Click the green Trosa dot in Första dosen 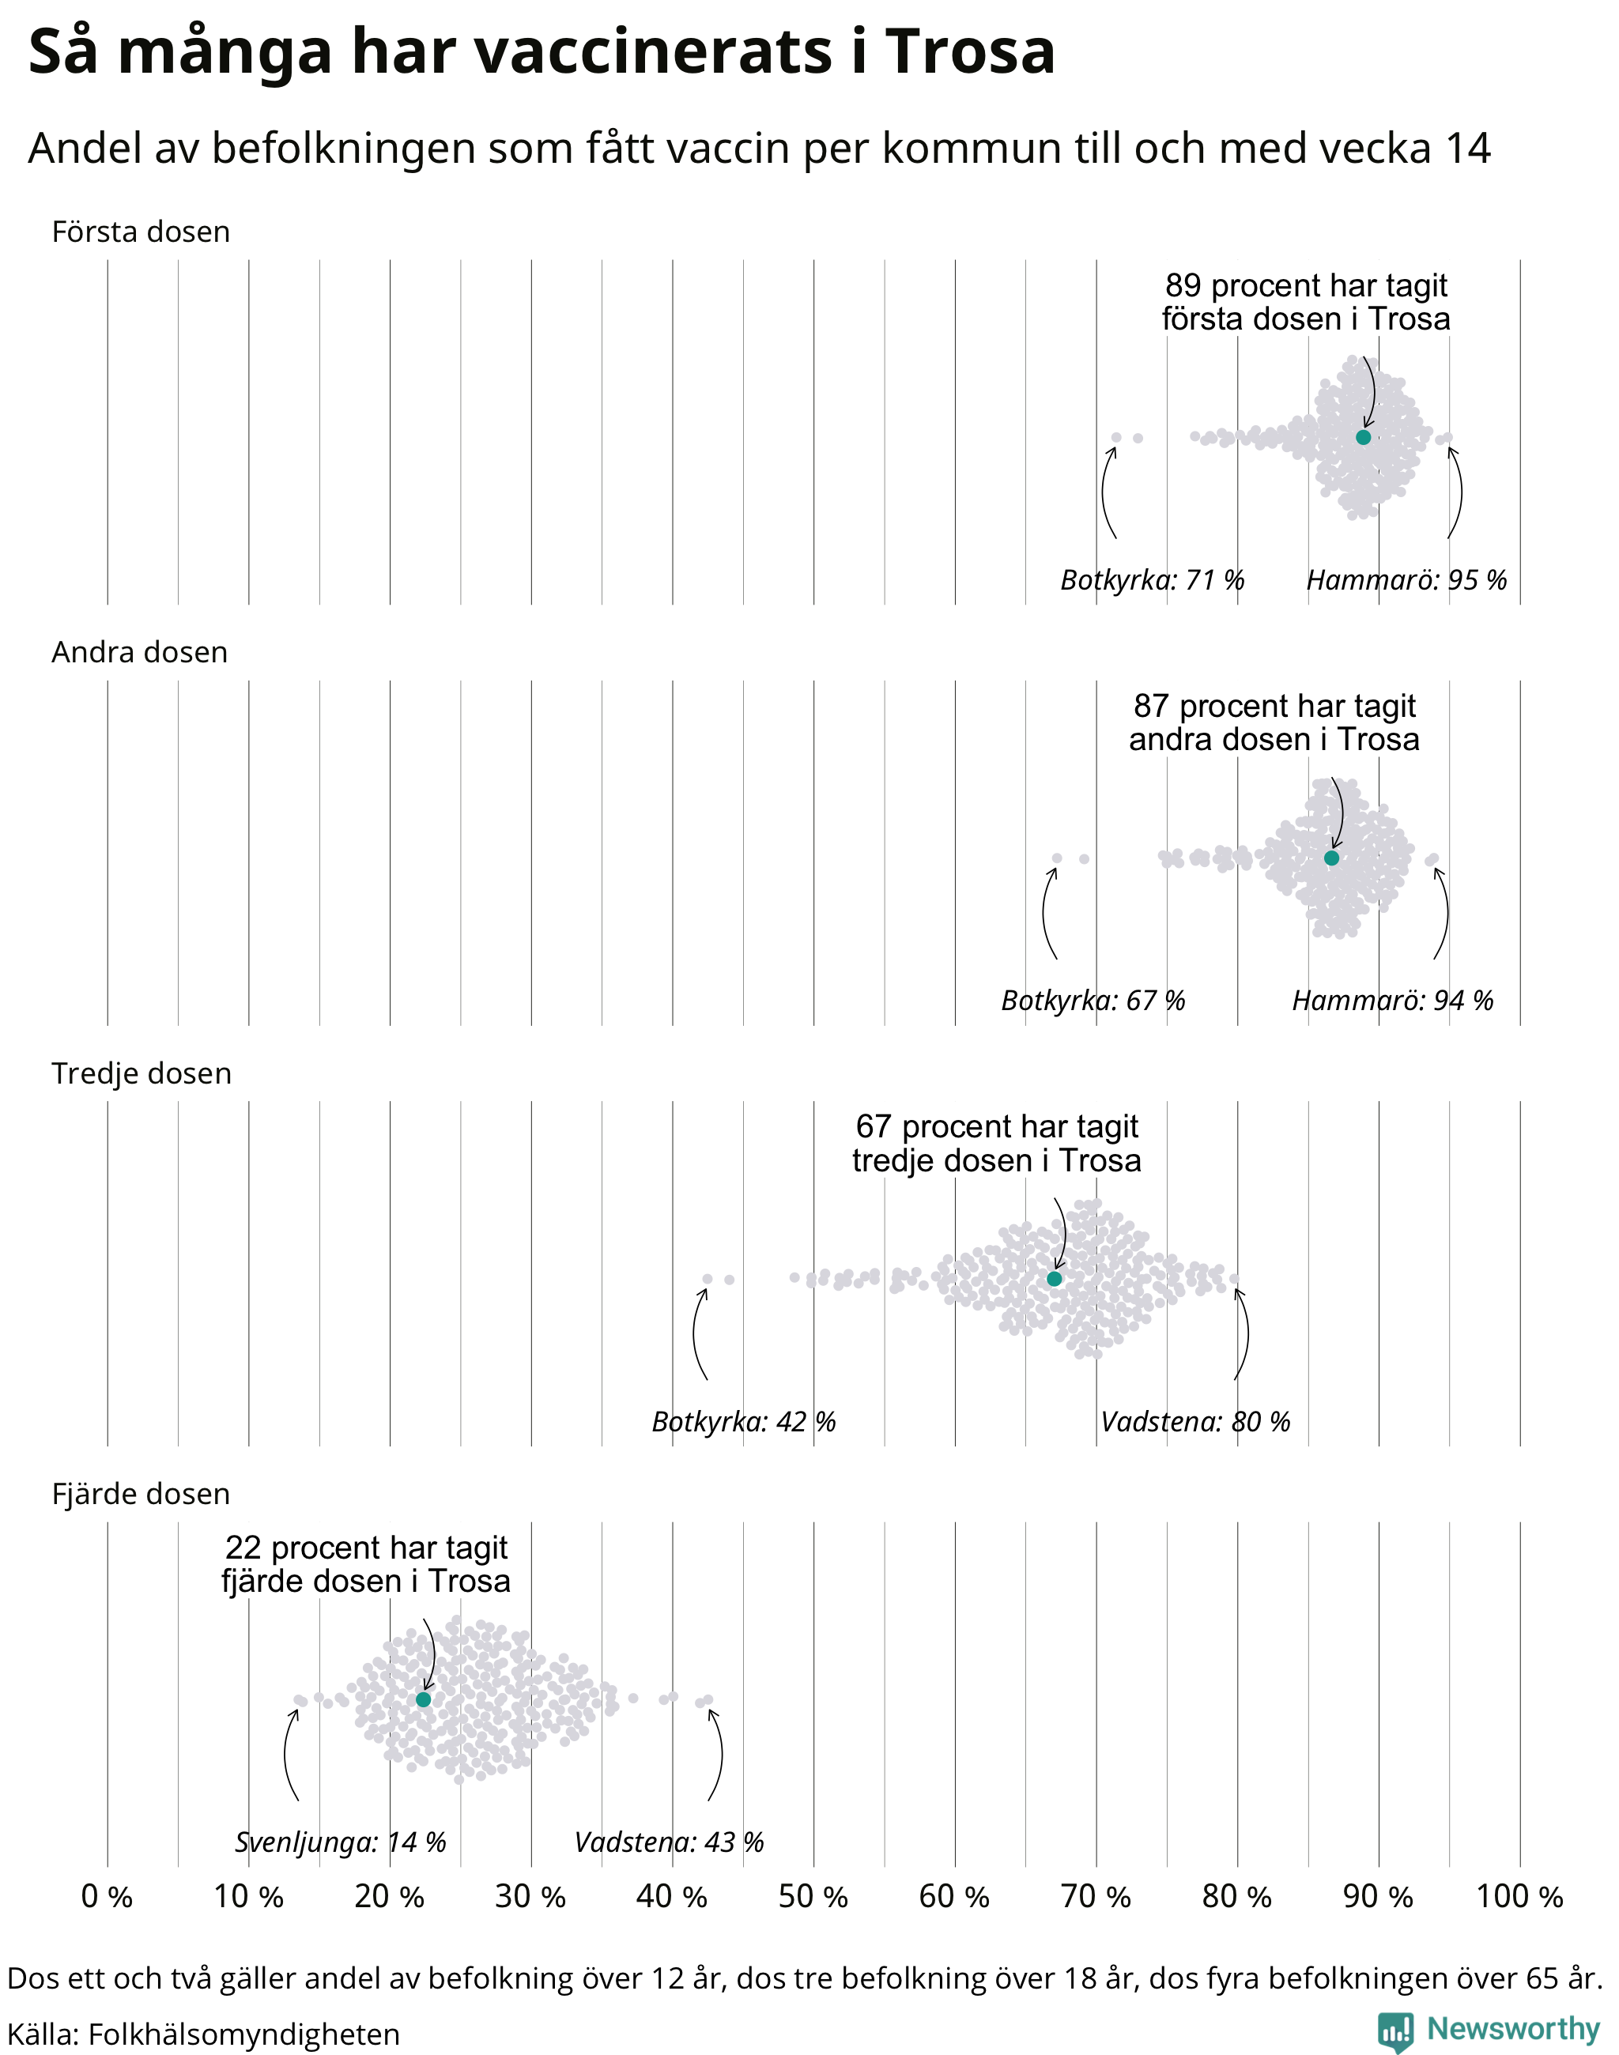[1363, 437]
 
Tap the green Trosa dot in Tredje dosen [1054, 1279]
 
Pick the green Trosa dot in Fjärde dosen [424, 1699]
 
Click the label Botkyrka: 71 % [1152, 579]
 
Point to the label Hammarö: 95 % [1406, 579]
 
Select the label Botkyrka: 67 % [1093, 1000]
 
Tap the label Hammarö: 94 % [1392, 1000]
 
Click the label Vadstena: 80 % [1195, 1421]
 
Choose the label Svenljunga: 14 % [340, 1842]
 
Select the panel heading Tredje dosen [142, 1073]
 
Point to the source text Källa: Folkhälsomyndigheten [203, 2034]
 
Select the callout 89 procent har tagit [1306, 285]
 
